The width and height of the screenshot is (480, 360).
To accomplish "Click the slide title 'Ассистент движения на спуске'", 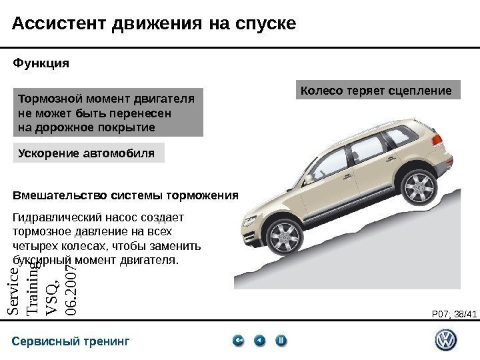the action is click(x=154, y=24).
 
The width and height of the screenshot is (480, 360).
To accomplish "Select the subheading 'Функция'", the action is click(x=41, y=65).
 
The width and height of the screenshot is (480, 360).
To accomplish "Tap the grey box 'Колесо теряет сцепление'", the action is click(x=377, y=90).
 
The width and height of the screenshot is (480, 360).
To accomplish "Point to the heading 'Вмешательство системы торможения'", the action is click(x=125, y=196).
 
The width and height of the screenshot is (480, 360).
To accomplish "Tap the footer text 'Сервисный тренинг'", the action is click(x=70, y=342).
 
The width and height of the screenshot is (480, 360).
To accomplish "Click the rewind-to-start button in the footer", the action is click(x=239, y=341).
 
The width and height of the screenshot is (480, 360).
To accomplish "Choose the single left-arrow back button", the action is click(x=260, y=341).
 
